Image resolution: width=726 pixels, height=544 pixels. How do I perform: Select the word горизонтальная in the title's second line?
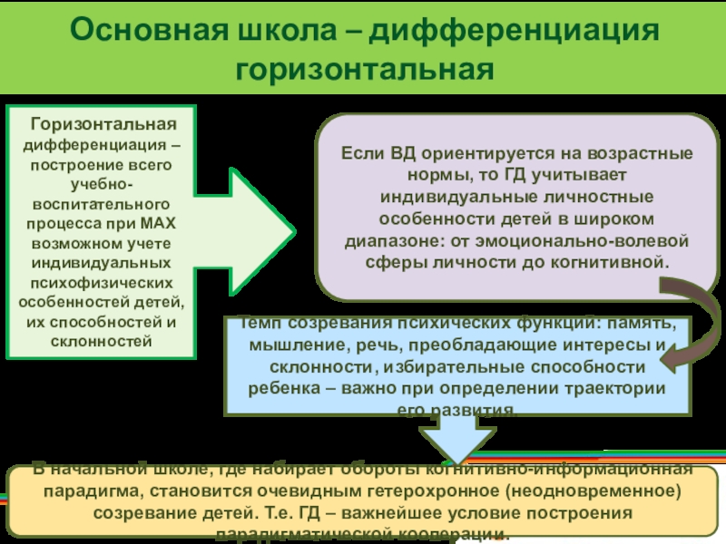363,69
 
